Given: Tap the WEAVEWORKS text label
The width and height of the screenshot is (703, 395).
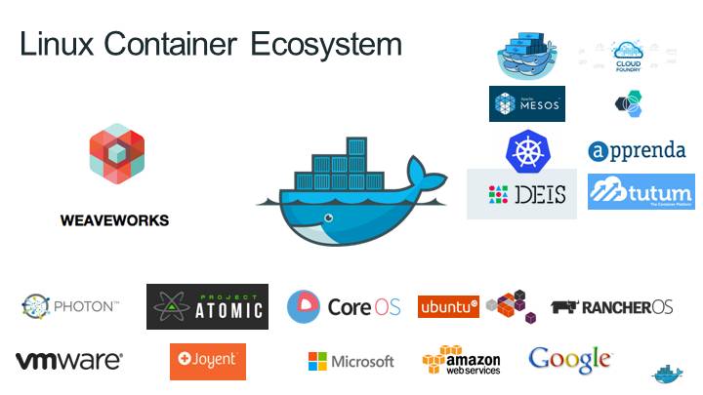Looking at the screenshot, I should pos(115,220).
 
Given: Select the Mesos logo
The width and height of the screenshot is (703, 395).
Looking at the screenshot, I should pos(527,103).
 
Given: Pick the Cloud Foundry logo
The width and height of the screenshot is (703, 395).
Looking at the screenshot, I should pos(626,57).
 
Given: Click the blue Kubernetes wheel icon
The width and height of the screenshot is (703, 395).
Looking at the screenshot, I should pos(523,150).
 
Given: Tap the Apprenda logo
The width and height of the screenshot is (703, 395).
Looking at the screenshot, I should pos(637,151).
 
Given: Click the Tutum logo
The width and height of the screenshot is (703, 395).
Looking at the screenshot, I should pos(641,191).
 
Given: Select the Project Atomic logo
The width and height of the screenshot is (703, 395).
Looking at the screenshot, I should pos(207,307).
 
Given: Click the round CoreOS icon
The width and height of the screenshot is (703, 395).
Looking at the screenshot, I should pos(304,307).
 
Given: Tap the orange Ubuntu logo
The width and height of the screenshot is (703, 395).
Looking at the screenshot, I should pos(448,307).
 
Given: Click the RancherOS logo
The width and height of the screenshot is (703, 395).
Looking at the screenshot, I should pos(612,307).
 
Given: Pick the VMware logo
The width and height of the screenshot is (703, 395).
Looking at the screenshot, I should pos(69,361).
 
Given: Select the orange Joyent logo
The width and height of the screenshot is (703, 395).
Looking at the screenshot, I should pos(207,361).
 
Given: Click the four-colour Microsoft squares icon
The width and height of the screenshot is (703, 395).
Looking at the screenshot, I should pos(317,362).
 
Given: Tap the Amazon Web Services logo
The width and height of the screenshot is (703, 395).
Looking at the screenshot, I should pos(462,361).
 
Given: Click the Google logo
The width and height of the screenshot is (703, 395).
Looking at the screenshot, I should pos(570,359).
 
